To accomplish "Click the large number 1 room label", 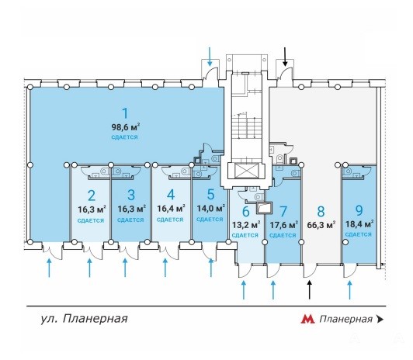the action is (125, 113).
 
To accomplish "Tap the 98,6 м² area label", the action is (126, 127).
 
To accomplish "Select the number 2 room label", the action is (92, 196).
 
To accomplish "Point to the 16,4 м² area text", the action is (171, 209).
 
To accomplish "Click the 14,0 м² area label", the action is (210, 208).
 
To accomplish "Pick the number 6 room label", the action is (245, 212).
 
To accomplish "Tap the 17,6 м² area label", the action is (284, 225).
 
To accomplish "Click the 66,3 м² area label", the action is (321, 225).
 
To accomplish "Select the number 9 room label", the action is (359, 210).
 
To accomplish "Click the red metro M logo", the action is (307, 319).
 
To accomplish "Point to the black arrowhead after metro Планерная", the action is (380, 319).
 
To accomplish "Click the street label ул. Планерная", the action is (85, 319).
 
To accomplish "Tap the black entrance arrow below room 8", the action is (310, 290).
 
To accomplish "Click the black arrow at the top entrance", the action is (285, 57).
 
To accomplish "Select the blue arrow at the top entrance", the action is (210, 57).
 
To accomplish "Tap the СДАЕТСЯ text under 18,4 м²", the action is (359, 234).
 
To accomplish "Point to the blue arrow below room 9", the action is (350, 290).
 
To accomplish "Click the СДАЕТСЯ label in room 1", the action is (124, 137).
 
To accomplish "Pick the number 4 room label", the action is (171, 195).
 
